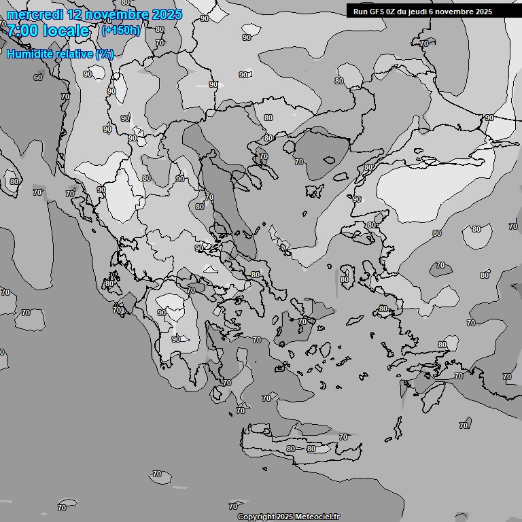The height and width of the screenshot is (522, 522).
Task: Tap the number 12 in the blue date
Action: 76,14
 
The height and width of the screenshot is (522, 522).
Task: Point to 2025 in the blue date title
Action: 167,14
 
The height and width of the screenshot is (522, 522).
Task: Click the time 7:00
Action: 22,31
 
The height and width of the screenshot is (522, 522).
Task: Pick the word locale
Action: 66,31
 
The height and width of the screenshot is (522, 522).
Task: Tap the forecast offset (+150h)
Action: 120,31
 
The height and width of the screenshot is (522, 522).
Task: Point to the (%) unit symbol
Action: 105,54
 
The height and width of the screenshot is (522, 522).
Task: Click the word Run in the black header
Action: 361,12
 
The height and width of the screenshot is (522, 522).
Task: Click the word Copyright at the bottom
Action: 256,517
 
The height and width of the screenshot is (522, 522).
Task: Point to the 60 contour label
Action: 38,77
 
